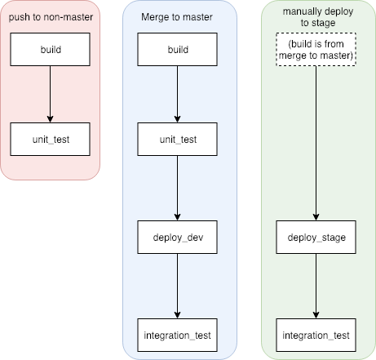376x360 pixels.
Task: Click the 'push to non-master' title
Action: tap(50, 16)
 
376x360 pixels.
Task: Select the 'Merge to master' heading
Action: tap(177, 16)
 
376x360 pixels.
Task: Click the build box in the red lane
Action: tap(51, 50)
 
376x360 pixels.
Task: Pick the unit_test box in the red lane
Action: tap(51, 140)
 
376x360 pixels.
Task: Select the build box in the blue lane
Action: tap(177, 50)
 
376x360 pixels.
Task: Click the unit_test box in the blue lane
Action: tap(177, 140)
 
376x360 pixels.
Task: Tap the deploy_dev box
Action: tap(177, 238)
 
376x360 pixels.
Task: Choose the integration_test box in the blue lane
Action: tap(177, 336)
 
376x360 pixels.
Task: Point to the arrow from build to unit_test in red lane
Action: tap(51, 94)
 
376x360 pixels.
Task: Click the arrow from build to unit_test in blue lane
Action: tap(177, 94)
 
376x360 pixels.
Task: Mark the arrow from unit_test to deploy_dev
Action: tap(177, 188)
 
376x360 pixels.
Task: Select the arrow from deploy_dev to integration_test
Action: tap(177, 286)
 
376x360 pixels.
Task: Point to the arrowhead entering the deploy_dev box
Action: tap(177, 217)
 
